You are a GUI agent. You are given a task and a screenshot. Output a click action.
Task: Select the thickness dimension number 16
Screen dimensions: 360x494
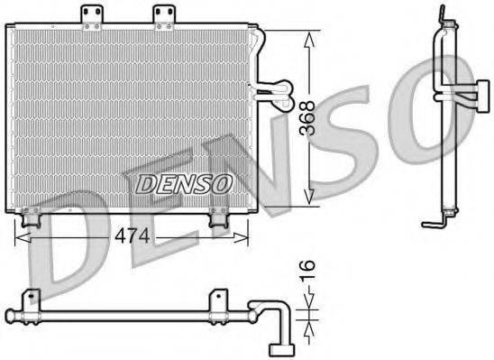coord(307,268)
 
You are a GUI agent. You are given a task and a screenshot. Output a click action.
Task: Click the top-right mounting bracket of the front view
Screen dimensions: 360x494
coord(163,16)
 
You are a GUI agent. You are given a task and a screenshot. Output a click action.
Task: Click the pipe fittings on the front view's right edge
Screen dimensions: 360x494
coord(271,88)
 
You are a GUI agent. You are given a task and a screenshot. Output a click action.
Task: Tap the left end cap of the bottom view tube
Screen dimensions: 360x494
coord(9,316)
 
